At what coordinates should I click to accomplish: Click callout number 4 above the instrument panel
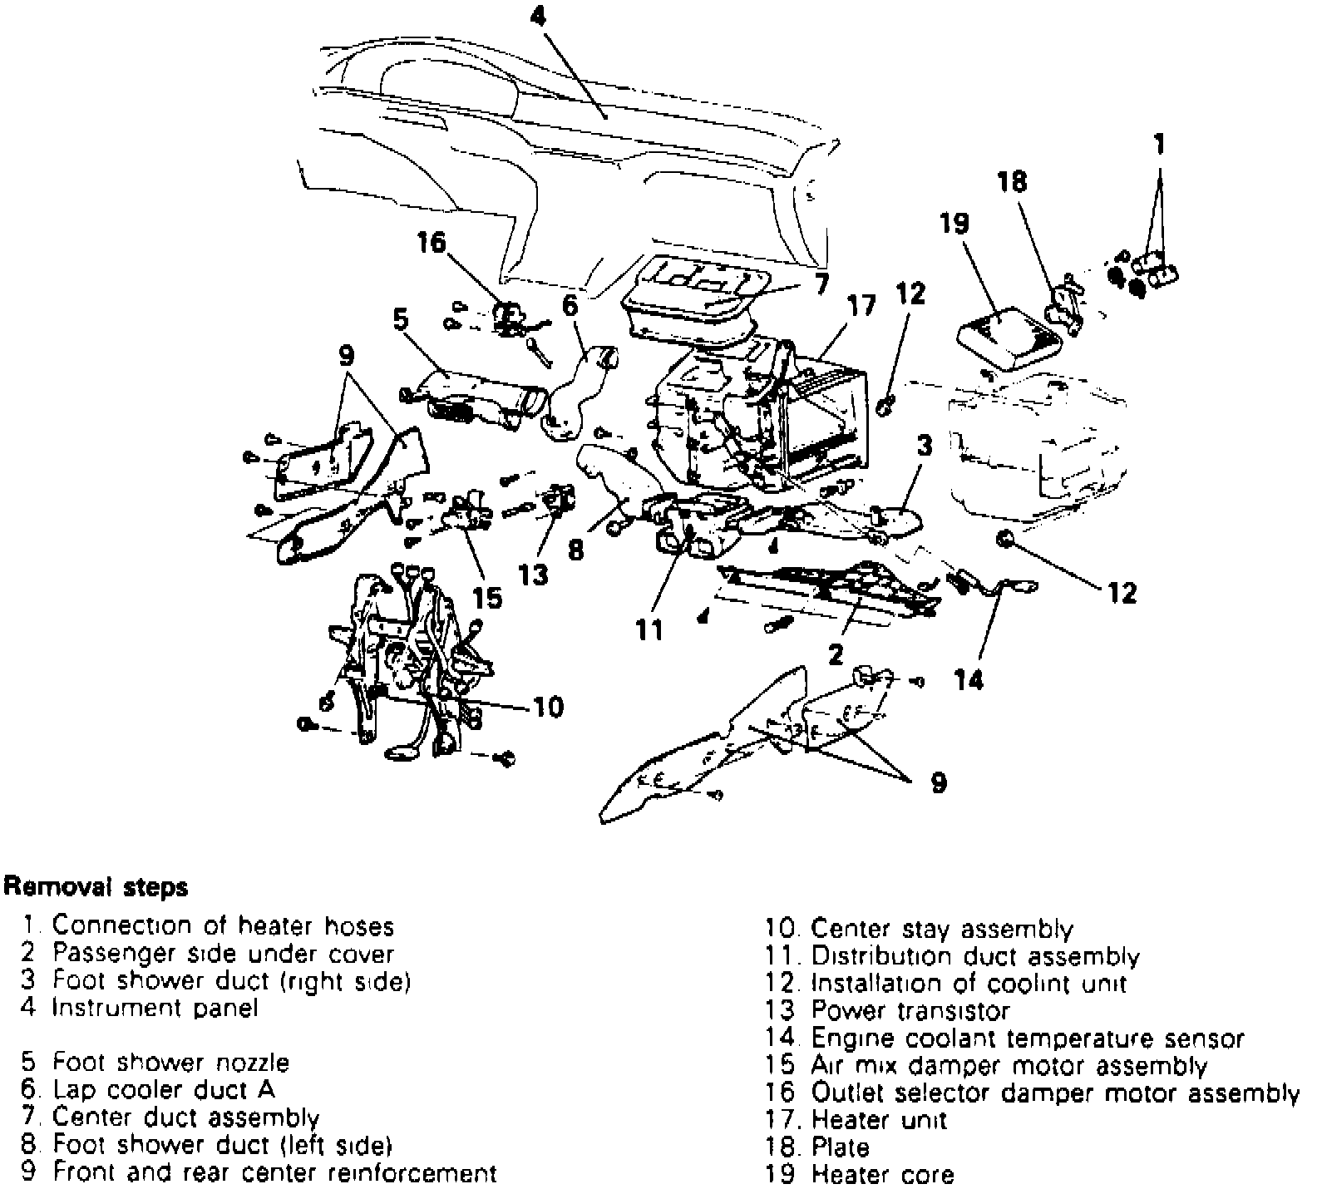tap(538, 16)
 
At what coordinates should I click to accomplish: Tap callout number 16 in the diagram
tap(432, 242)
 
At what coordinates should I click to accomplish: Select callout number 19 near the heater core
tap(955, 224)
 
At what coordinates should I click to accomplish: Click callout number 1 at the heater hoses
tap(1160, 145)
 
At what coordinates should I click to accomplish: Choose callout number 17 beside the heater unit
tap(861, 306)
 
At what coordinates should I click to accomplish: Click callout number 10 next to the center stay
tap(548, 707)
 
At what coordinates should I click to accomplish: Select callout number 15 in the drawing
tap(488, 597)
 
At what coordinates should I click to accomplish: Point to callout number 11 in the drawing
tap(650, 629)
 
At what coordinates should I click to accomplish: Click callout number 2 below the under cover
tap(836, 654)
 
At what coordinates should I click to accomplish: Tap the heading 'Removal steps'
tap(96, 887)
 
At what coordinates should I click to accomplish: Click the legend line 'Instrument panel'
tap(155, 1008)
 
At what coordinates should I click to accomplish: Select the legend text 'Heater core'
tap(882, 1175)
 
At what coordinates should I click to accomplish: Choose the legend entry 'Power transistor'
tap(910, 1011)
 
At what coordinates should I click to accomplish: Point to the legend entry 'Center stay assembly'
tap(942, 929)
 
